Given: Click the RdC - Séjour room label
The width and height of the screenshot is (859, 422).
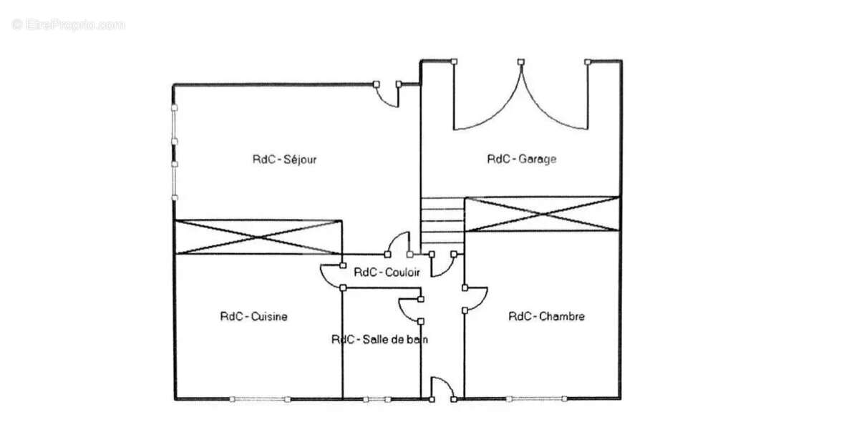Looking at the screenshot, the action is point(285,160).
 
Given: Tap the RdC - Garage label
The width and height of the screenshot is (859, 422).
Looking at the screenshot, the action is point(522,159).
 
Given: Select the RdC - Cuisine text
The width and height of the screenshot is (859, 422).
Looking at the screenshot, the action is point(253,317).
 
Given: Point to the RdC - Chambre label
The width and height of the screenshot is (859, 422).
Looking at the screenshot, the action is point(546,317).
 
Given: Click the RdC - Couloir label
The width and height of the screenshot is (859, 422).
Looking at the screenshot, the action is point(387,273).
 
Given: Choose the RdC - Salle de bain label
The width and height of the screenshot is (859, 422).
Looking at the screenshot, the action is point(379,340).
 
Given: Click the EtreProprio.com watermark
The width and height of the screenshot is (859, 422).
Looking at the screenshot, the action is point(68,25).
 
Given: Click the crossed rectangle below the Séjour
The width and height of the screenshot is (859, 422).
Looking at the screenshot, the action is point(258,237).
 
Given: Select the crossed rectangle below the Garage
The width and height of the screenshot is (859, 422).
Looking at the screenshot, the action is point(543,215).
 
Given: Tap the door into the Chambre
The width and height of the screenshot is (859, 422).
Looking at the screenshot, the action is point(475,298).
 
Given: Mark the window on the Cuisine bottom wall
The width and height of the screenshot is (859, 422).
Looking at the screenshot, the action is point(260,399).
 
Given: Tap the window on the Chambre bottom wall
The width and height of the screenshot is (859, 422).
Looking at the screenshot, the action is point(536,399).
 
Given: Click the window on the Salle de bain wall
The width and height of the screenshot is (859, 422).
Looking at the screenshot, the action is point(377,399).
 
